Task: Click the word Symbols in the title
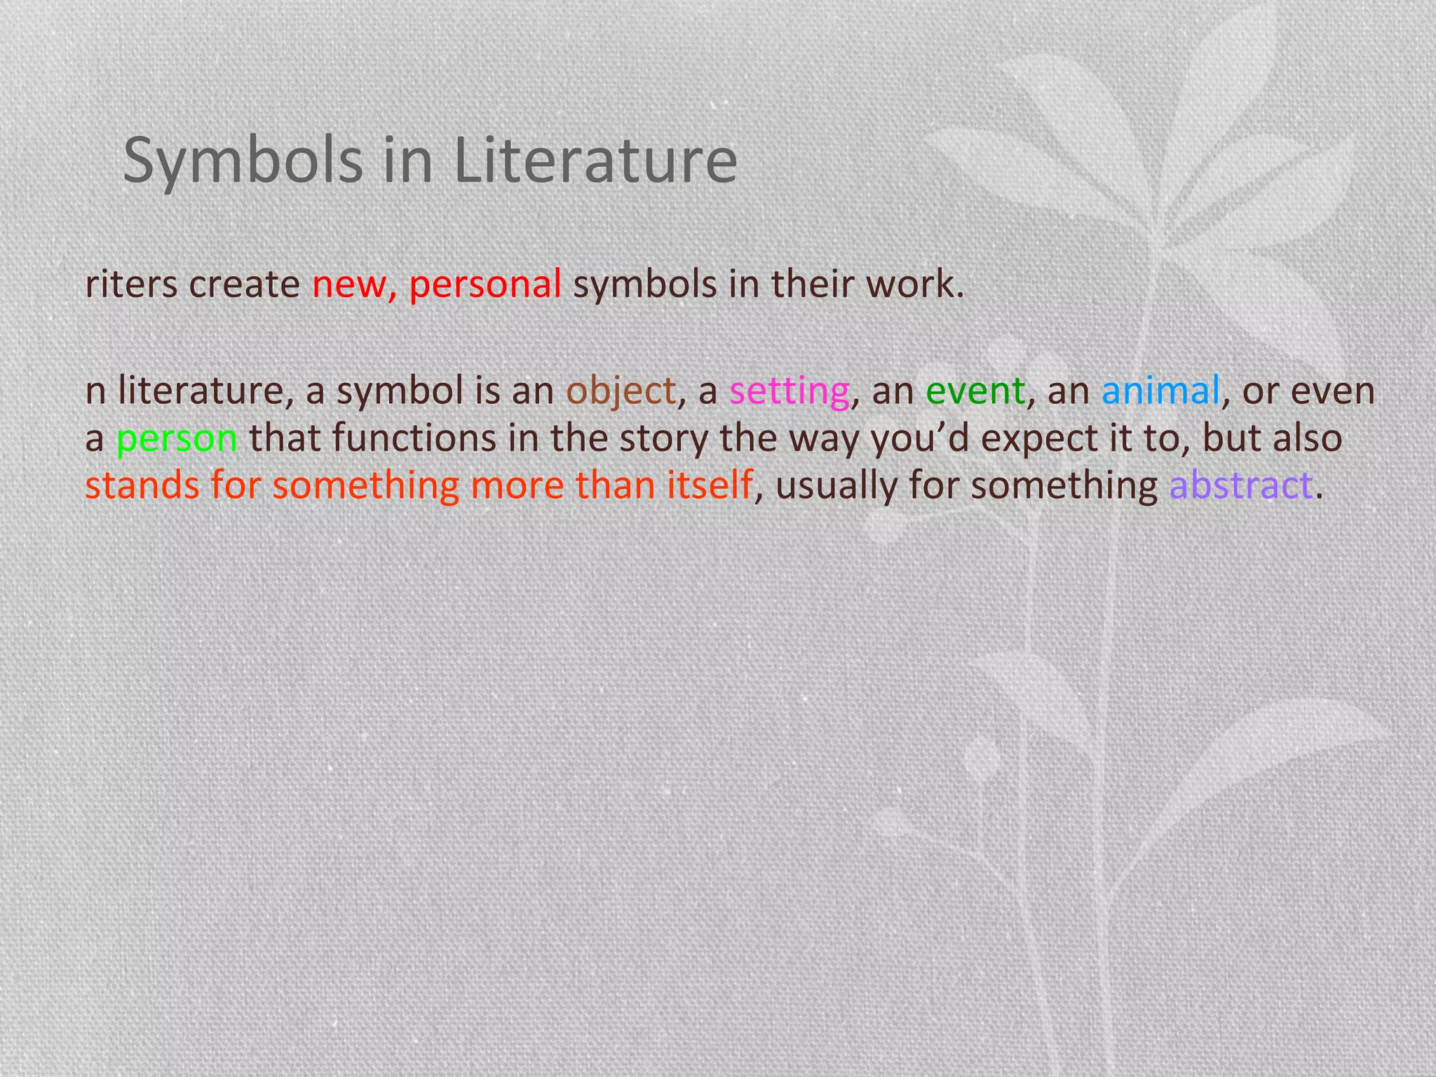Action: click(x=243, y=161)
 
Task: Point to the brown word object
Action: click(x=621, y=391)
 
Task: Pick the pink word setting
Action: click(x=790, y=391)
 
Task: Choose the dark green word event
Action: click(x=975, y=391)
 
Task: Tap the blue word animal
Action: click(x=1160, y=391)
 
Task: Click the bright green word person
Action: click(x=177, y=438)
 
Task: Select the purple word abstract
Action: click(x=1240, y=485)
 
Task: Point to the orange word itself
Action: click(x=709, y=485)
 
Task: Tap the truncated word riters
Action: click(x=130, y=285)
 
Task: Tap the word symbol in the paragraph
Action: click(x=400, y=391)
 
